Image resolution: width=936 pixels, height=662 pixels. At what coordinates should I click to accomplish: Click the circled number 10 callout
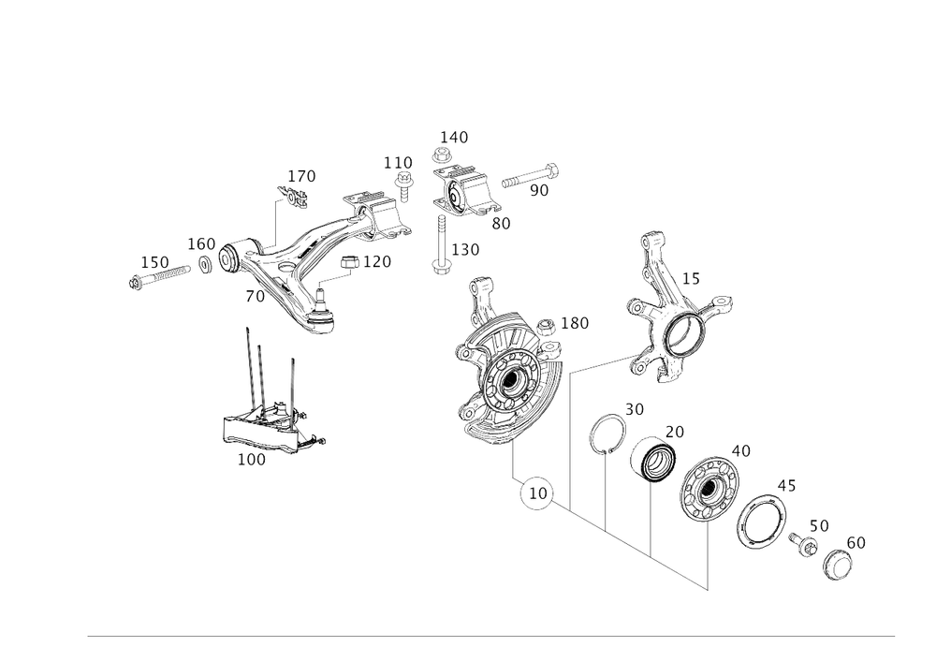click(535, 493)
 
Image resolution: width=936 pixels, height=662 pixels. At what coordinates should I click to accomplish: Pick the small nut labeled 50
click(805, 543)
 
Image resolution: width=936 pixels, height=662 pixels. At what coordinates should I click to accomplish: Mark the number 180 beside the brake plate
click(575, 323)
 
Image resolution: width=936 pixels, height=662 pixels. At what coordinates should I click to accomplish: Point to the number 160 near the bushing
click(201, 243)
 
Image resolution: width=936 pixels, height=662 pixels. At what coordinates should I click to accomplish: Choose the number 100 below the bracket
click(251, 460)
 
